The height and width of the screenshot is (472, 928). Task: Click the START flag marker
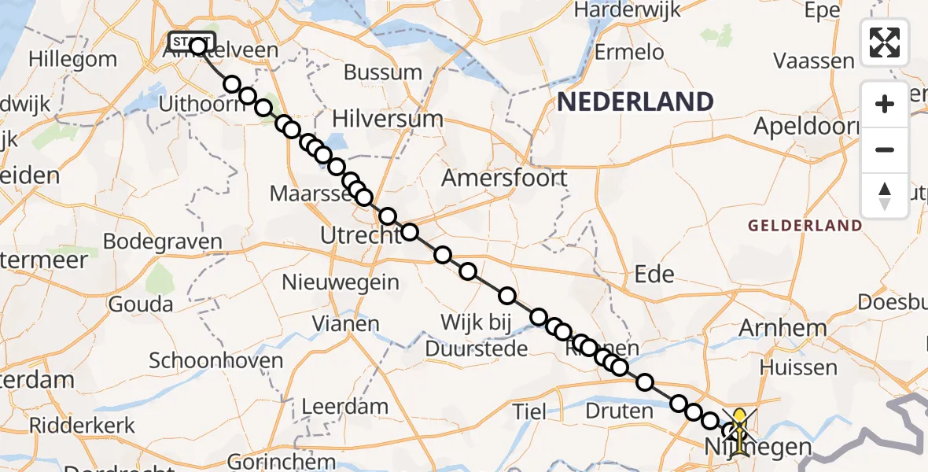[190, 41]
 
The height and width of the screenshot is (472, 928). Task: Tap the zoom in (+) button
[885, 104]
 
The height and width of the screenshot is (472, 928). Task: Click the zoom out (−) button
[885, 149]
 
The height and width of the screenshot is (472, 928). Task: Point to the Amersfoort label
[504, 178]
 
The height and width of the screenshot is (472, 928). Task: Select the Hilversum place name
[388, 120]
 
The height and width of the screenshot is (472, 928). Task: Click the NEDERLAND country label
[635, 101]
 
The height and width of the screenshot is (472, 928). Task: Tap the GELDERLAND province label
[805, 226]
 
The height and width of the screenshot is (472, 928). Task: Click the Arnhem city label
[783, 328]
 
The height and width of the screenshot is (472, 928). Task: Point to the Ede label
[654, 274]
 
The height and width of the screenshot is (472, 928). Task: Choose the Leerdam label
[345, 407]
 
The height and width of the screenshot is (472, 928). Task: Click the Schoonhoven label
[215, 361]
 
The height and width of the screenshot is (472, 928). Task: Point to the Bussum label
[383, 72]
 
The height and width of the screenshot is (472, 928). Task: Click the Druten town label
[620, 410]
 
